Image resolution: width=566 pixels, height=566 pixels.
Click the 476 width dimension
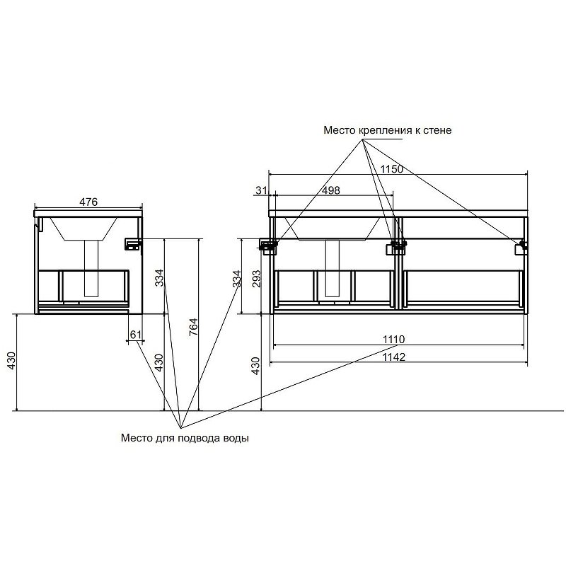coord(88,202)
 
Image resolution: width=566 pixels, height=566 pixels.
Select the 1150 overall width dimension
coord(392,168)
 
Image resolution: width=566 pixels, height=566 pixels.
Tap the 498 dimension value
coord(331,190)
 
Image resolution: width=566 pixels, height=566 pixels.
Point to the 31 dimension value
coord(261,190)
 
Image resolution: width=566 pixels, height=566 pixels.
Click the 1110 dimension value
coord(394,340)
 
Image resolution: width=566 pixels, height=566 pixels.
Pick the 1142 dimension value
coord(394,357)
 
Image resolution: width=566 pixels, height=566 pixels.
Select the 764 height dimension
coord(194,327)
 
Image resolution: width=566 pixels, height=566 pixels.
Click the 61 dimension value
coord(136,335)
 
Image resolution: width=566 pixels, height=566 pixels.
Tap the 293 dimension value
coord(256,279)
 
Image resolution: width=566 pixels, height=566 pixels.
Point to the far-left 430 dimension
coord(11,360)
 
